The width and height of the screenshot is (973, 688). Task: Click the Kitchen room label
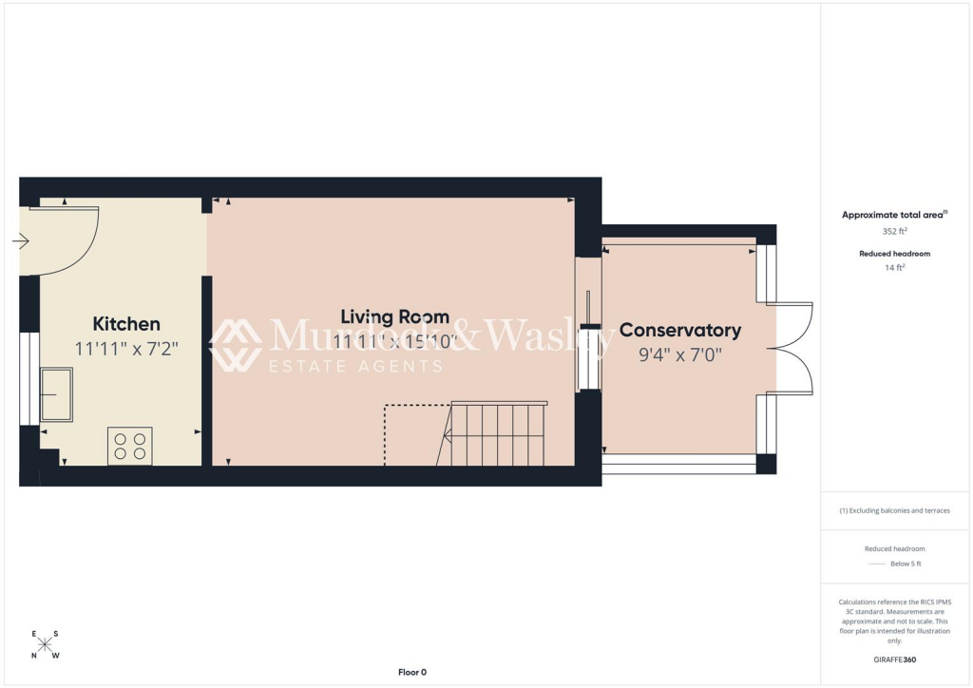(125, 324)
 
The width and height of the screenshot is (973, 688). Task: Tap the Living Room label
(394, 317)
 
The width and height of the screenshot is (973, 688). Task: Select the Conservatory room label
(679, 330)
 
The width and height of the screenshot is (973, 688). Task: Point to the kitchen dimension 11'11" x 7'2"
(126, 349)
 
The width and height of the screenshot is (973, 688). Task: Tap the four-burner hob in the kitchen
(130, 446)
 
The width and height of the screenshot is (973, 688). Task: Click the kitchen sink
(55, 394)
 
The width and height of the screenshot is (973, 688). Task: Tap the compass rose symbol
(44, 645)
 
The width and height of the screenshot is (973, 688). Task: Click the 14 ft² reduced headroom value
(895, 268)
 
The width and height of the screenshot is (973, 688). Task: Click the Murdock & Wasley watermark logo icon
(236, 345)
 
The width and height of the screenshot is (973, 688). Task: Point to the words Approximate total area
(892, 215)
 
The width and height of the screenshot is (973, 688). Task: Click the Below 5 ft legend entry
(906, 564)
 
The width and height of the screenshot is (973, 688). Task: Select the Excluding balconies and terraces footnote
(895, 510)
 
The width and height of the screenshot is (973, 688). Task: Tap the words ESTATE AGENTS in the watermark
(356, 366)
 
